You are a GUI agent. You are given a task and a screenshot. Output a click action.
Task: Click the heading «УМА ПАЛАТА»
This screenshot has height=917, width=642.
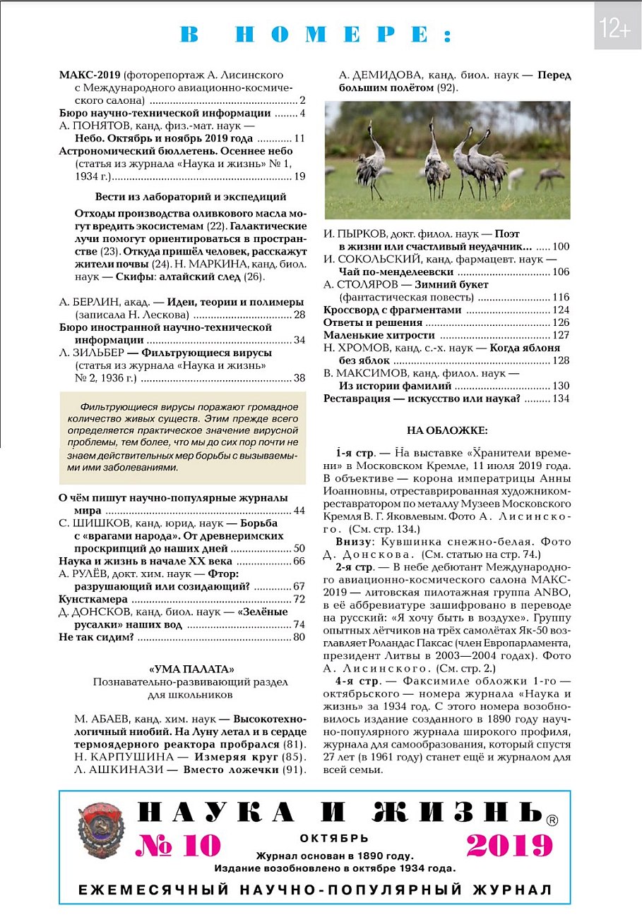(x=191, y=669)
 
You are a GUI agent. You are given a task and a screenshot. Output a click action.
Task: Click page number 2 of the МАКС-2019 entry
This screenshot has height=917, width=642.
(x=302, y=101)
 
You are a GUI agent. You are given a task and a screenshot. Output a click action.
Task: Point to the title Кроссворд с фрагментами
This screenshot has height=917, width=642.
(x=392, y=310)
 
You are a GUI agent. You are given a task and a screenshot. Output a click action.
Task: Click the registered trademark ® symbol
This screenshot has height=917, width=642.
(x=552, y=820)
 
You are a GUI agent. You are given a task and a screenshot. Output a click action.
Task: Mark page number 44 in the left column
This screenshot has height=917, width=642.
(x=299, y=511)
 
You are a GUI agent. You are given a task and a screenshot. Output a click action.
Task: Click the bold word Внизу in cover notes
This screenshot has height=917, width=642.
(x=354, y=542)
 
